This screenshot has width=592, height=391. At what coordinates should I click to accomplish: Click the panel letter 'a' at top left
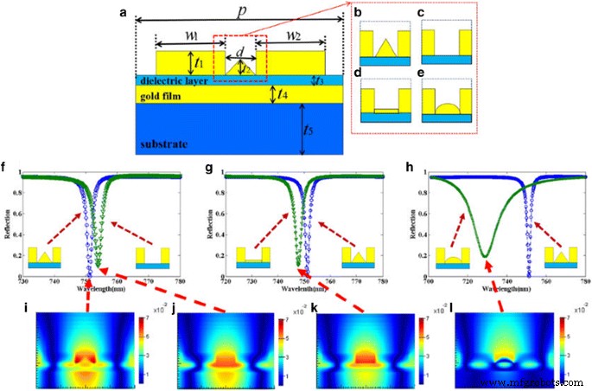click(x=124, y=13)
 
